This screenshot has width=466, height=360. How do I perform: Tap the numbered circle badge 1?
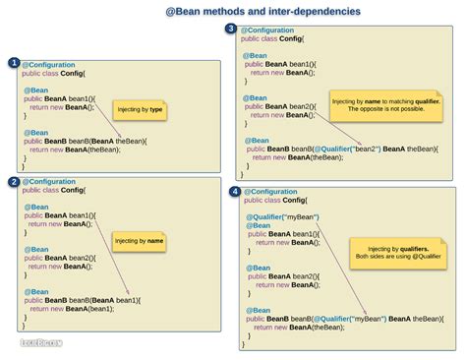pyautogui.click(x=13, y=63)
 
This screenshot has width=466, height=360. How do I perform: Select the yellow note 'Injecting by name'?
pyautogui.click(x=139, y=240)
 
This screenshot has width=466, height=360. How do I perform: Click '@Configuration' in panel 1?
pyautogui.click(x=49, y=63)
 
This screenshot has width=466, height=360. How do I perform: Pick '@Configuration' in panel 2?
pyautogui.click(x=49, y=182)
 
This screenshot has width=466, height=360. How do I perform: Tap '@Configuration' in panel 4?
pyautogui.click(x=270, y=192)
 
